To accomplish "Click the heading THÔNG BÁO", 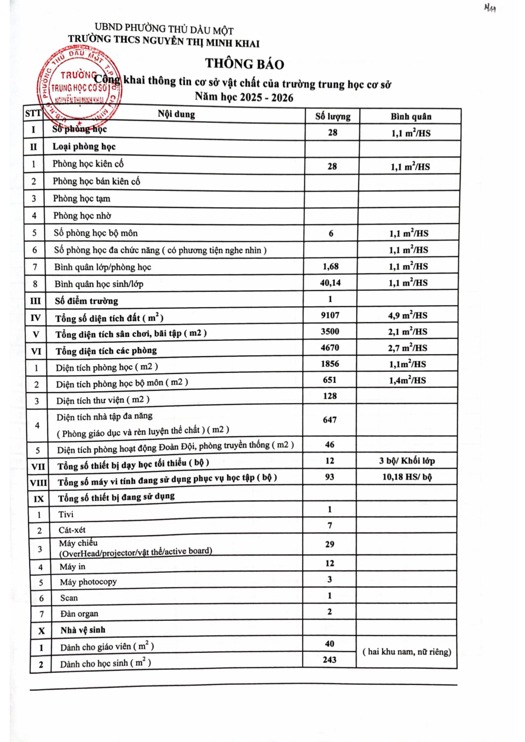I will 245,64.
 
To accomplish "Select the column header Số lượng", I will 333,117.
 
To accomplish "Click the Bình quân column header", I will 411,117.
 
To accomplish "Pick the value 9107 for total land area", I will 330,315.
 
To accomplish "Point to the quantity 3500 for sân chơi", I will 330,331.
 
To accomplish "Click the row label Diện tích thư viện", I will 103,400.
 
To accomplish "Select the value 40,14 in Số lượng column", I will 330,283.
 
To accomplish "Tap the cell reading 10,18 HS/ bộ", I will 407,477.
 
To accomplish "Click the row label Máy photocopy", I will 88,582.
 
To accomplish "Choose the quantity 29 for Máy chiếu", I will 329,544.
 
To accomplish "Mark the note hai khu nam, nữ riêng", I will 407,652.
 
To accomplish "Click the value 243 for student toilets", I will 329,660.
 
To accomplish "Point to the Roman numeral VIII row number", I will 39,483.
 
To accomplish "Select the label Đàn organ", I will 79,614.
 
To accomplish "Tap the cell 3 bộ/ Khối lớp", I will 407,461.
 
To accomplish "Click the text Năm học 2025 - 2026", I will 244,97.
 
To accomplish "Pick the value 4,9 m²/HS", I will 408,315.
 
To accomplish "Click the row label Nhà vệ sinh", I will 83,630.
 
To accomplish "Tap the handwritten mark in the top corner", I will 490,8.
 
